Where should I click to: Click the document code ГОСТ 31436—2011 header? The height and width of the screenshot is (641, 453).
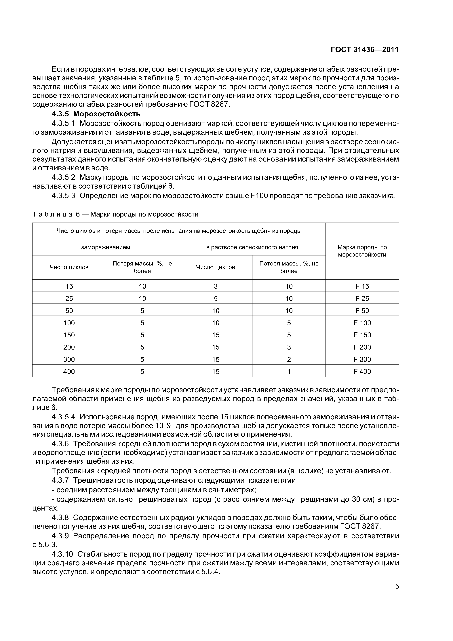(x=365, y=50)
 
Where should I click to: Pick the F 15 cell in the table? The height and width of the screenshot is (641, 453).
(x=362, y=286)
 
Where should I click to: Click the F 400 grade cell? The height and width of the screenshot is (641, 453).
(x=362, y=371)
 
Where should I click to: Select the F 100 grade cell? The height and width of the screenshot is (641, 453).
(x=362, y=323)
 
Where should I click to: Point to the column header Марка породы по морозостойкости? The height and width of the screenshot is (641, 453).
(x=362, y=251)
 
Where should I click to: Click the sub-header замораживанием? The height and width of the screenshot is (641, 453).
(x=106, y=247)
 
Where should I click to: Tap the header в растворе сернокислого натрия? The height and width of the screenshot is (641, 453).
(x=252, y=247)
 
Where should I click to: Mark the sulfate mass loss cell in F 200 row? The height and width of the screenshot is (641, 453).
(x=289, y=347)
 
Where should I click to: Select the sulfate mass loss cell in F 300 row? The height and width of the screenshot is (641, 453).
(x=289, y=359)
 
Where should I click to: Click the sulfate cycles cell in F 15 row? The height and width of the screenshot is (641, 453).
(x=216, y=286)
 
